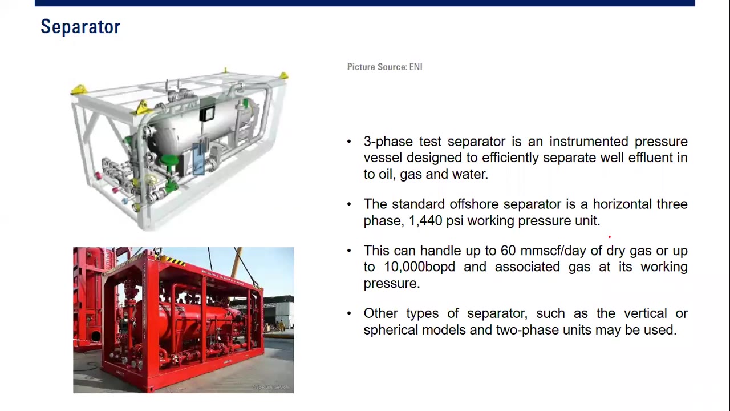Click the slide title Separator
(80, 27)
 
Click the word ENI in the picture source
(415, 67)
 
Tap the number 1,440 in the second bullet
(425, 221)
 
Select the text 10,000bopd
(419, 267)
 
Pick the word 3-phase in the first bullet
(388, 142)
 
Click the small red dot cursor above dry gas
(609, 237)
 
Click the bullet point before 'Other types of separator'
(349, 313)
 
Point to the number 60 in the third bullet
(508, 251)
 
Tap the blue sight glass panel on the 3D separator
(198, 159)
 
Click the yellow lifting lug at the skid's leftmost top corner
(79, 90)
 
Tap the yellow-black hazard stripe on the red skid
(175, 261)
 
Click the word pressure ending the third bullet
(391, 284)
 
